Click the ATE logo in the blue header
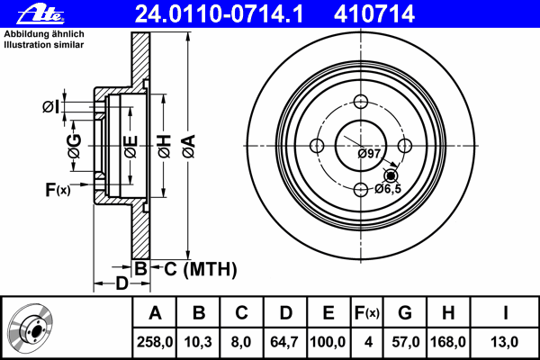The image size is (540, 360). pos(41,13)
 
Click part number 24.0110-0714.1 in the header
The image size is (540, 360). pos(219,14)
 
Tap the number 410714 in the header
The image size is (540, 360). pos(374,14)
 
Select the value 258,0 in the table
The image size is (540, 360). pos(155,342)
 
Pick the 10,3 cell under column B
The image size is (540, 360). pos(198,342)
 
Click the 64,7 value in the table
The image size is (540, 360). pos(284,342)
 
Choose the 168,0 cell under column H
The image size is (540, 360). pos(448,342)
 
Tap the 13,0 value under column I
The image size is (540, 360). pos(504,342)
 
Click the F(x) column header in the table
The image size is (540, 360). pos(367,313)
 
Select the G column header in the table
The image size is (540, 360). pos(405,313)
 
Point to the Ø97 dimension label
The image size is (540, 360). pos(369,154)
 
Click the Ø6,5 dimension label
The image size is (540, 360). pos(388,188)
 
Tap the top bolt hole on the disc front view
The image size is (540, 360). pos(361,102)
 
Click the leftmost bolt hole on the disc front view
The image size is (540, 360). pos(317,146)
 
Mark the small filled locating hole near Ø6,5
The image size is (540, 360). pos(391,176)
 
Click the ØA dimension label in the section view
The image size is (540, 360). pos(189,146)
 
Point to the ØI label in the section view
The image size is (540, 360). pos(51,107)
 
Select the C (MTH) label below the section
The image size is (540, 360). pos(201,269)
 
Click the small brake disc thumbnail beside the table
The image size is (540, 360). pos(31,328)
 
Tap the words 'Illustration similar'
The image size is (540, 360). pos(44,45)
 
